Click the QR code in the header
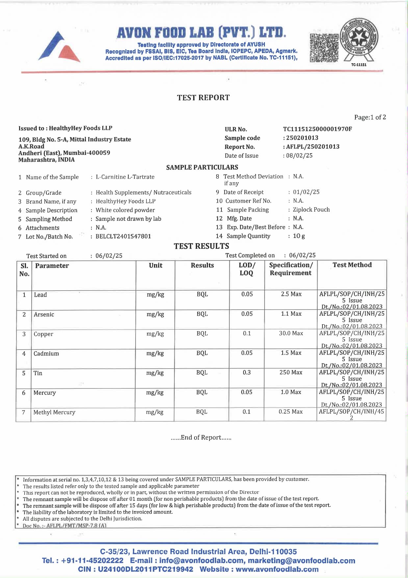[x=324, y=47]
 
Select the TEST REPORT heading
[x=203, y=98]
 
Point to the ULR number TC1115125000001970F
[x=317, y=129]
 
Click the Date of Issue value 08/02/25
[x=299, y=156]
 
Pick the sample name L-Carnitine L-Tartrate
[x=125, y=177]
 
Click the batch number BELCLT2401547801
[x=123, y=236]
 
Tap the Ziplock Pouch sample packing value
[x=311, y=210]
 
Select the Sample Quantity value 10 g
[x=299, y=236]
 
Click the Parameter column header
[x=52, y=266]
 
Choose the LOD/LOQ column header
[x=246, y=269]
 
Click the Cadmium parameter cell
[x=46, y=354]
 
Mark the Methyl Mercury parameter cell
[x=54, y=412]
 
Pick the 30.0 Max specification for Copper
[x=291, y=333]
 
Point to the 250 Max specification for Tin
[x=291, y=372]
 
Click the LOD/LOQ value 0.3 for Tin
[x=246, y=372]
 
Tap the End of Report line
[x=201, y=438]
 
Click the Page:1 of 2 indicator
[x=370, y=117]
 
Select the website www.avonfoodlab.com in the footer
[x=277, y=569]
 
